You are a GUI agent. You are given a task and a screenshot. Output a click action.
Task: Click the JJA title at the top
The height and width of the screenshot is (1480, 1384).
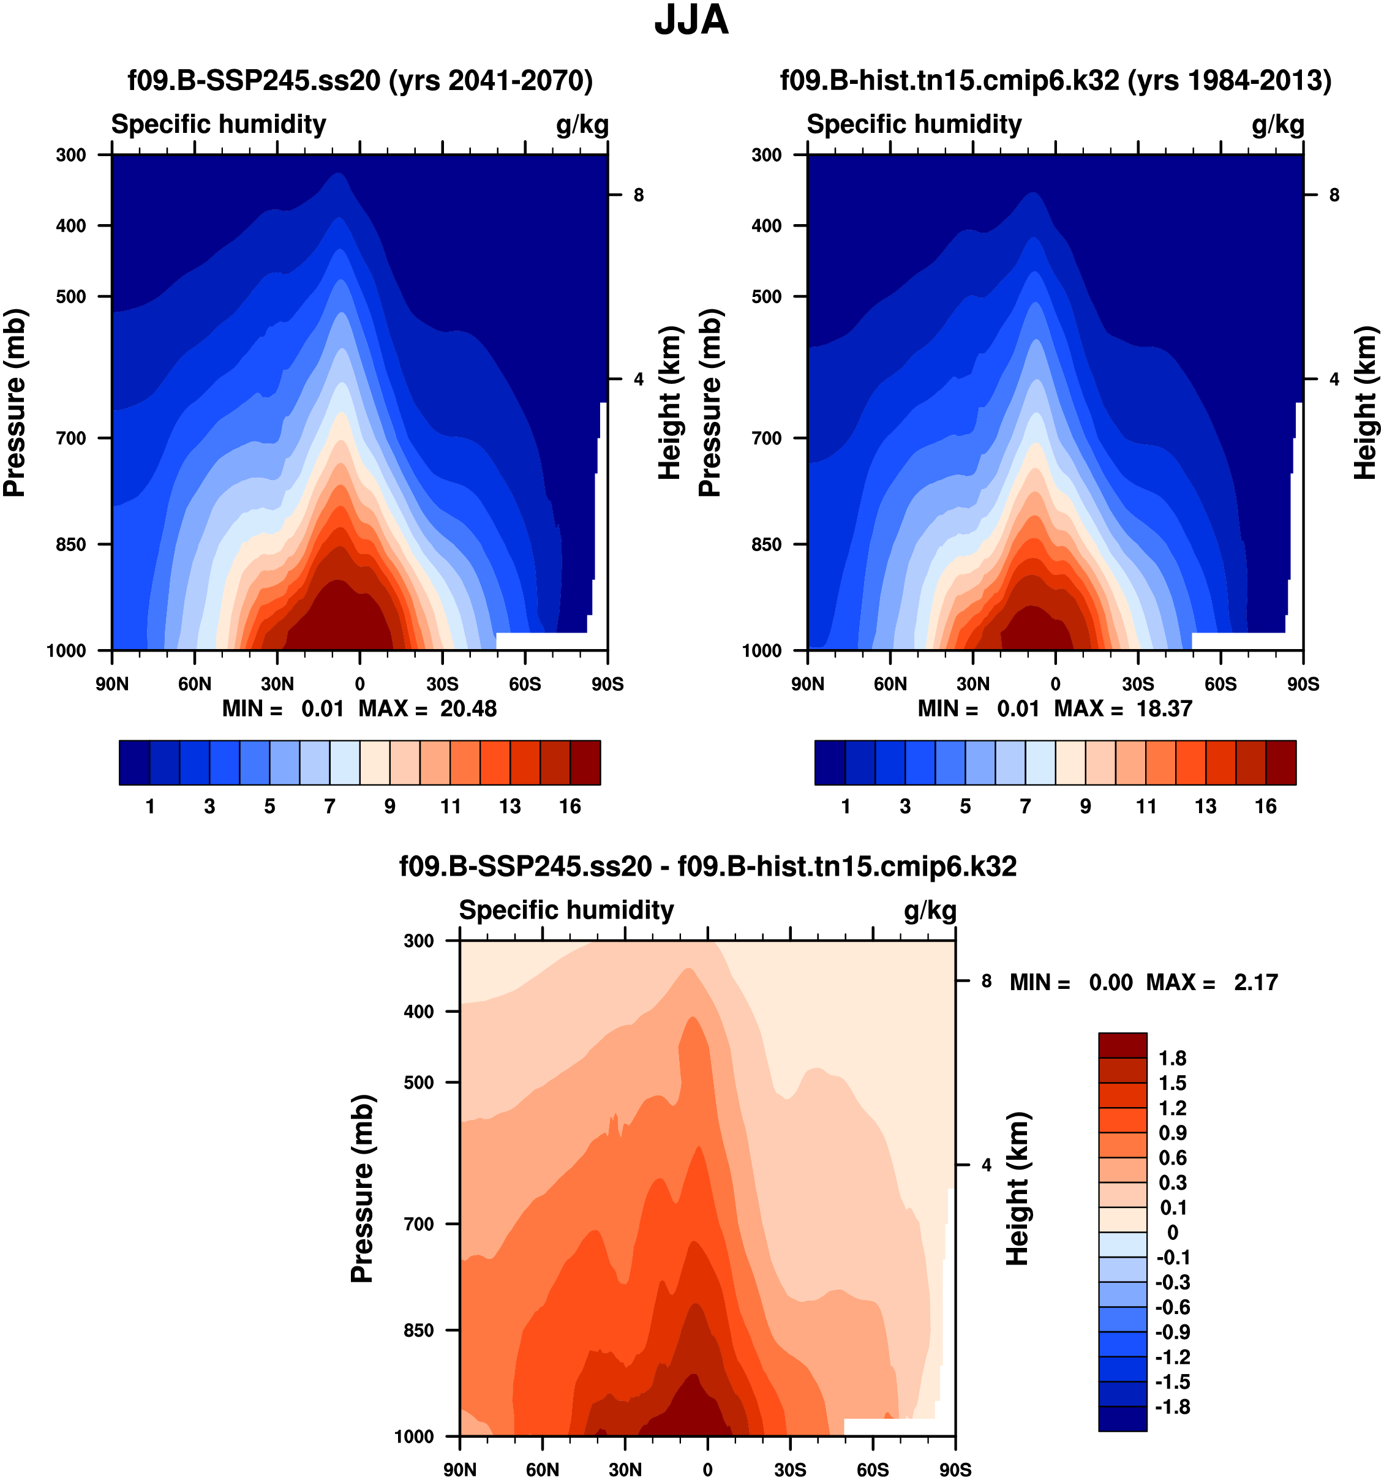[x=691, y=21]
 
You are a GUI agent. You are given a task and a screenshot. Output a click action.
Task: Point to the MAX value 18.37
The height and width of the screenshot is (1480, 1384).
[x=1164, y=708]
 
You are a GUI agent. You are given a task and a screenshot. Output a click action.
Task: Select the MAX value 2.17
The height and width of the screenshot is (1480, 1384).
[x=1255, y=982]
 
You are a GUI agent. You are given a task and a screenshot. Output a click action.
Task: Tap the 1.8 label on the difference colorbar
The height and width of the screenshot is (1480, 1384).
[x=1172, y=1058]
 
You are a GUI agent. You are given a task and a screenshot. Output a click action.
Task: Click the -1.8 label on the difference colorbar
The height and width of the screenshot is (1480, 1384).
[x=1172, y=1407]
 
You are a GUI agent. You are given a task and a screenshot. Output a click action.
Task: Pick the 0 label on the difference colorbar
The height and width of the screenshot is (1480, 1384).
[x=1172, y=1232]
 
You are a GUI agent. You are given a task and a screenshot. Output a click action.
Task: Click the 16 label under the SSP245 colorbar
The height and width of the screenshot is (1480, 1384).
[x=570, y=806]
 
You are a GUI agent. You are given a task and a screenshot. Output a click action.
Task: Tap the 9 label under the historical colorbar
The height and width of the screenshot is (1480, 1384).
[x=1086, y=806]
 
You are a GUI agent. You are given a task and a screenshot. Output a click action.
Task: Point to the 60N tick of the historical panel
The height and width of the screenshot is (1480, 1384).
[x=890, y=683]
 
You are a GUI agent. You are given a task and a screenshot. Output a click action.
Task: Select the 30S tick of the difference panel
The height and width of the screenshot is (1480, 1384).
[x=790, y=1469]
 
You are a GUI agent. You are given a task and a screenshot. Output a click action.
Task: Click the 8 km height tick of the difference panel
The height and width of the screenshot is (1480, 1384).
[x=986, y=981]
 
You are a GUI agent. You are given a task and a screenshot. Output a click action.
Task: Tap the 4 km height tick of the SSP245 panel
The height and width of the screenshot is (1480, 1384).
[x=638, y=379]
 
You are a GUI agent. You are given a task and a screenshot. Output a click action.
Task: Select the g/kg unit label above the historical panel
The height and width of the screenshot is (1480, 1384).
[x=1277, y=124]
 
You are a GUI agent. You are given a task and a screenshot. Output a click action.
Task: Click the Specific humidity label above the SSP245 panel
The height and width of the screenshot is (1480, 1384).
[x=218, y=124]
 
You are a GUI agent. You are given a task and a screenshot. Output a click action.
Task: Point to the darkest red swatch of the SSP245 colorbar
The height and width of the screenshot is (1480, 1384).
[x=585, y=762]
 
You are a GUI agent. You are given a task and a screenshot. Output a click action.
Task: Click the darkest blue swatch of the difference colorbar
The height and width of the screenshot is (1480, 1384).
[x=1122, y=1418]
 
